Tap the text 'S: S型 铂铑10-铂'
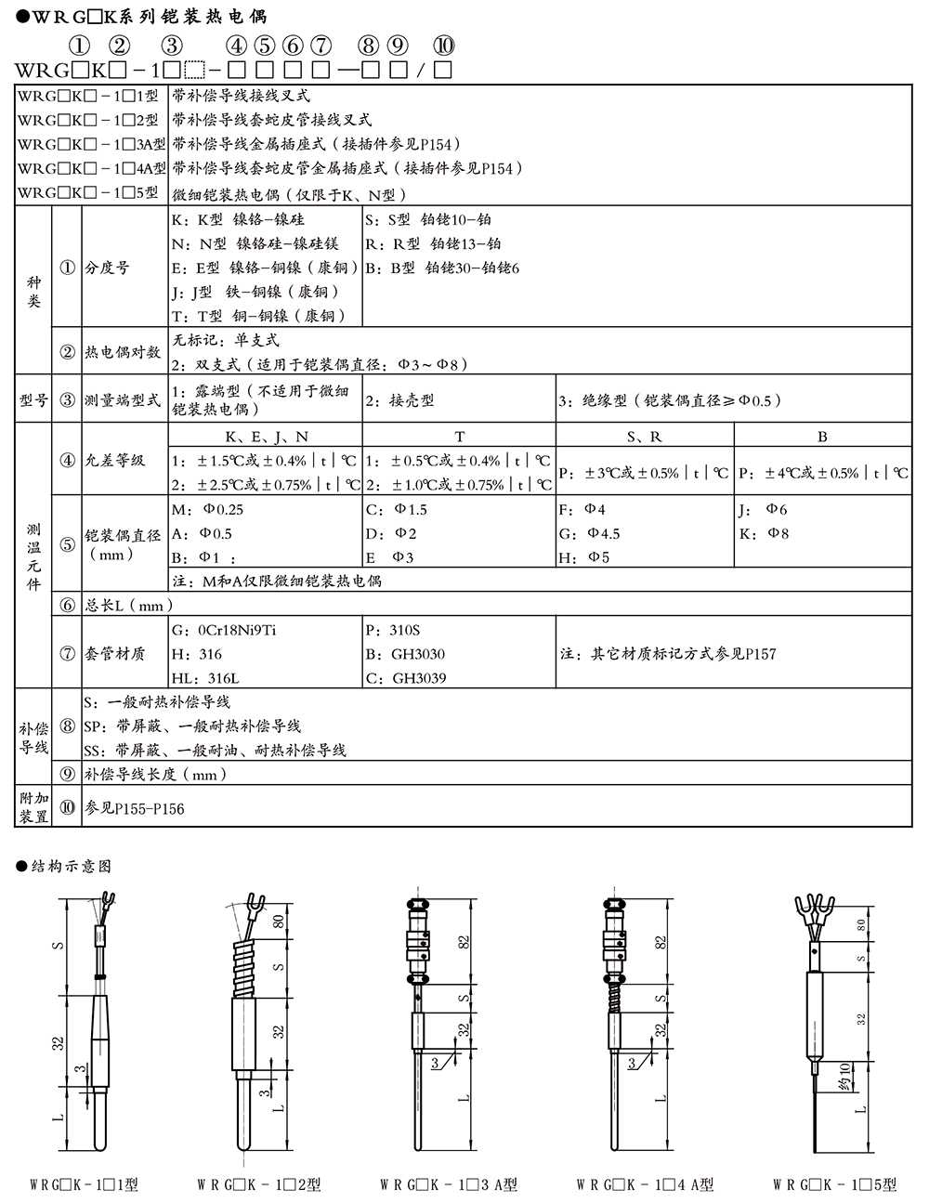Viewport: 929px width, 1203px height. [x=428, y=220]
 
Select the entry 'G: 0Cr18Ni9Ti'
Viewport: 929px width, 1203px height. [x=225, y=630]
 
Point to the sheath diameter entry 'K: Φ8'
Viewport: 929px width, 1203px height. [x=764, y=533]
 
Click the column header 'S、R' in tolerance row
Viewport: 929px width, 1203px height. [x=645, y=436]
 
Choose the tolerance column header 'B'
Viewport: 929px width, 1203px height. [x=822, y=436]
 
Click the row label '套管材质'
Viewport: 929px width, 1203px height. [x=115, y=653]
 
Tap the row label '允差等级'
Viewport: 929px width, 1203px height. [x=115, y=460]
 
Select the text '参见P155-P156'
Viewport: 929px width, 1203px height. [x=135, y=808]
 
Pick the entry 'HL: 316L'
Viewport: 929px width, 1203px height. [x=213, y=678]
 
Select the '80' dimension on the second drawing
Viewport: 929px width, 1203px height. [x=279, y=922]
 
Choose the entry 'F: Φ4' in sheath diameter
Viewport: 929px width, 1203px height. [x=582, y=509]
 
